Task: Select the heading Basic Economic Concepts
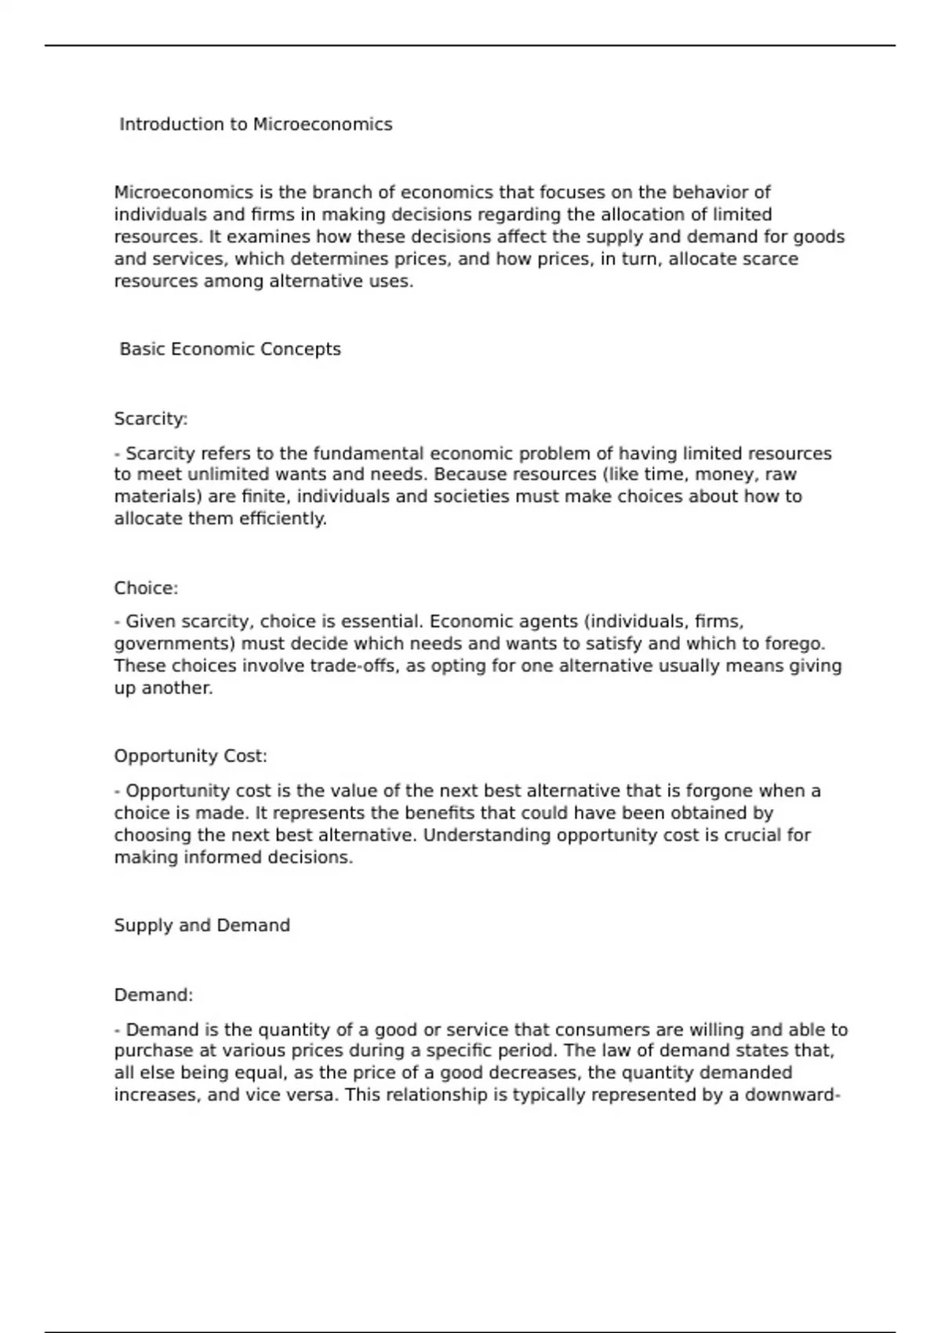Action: pos(230,349)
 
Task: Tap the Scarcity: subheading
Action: pos(151,419)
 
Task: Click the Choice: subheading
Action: pos(146,588)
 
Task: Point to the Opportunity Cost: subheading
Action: pos(191,756)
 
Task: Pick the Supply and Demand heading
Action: pos(202,925)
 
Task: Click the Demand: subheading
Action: pos(153,995)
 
